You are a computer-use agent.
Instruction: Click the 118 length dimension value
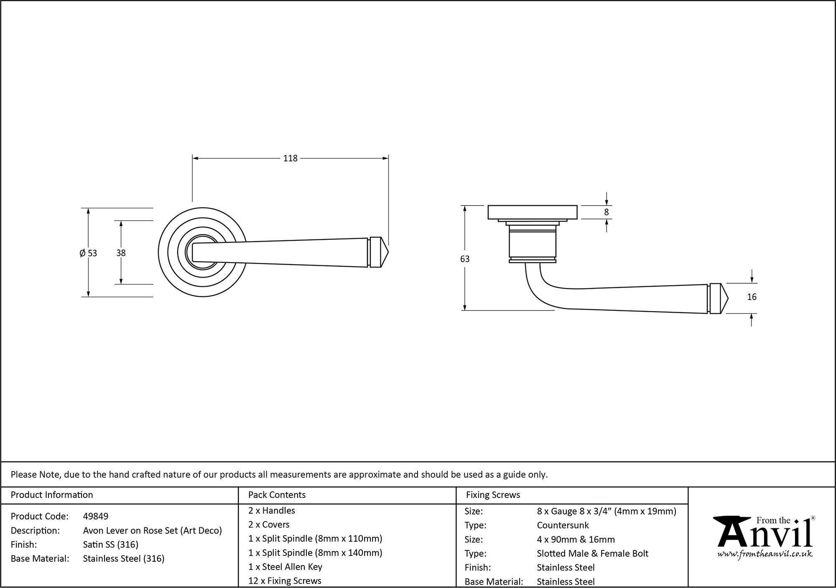[x=290, y=158]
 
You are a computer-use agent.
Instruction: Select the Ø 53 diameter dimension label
[x=88, y=253]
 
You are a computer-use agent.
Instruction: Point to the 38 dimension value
[x=121, y=253]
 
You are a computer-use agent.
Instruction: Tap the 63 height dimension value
[x=465, y=259]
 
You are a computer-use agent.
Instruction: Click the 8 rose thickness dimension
[x=607, y=212]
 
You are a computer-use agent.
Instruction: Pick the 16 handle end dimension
[x=752, y=297]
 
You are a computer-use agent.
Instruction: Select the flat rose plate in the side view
[x=533, y=212]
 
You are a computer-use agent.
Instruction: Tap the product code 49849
[x=96, y=517]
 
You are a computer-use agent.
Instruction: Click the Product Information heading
[x=52, y=495]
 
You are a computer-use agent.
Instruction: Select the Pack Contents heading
[x=277, y=495]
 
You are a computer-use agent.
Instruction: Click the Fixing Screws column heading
[x=493, y=495]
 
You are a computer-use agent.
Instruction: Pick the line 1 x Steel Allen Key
[x=285, y=567]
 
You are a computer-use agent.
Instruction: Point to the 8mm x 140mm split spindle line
[x=315, y=553]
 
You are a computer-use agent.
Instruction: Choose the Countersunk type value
[x=563, y=525]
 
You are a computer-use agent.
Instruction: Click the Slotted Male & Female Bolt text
[x=592, y=554]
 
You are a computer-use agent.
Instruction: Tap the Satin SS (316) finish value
[x=111, y=545]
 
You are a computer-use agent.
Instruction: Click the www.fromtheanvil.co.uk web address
[x=765, y=554]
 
